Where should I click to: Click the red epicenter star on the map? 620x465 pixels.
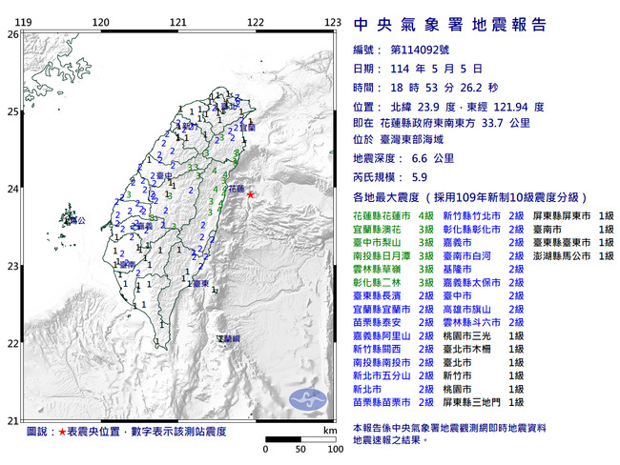251,194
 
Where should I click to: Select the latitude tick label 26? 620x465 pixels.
11,33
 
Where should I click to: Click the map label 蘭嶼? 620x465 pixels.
230,339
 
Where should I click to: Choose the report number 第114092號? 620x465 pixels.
424,50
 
